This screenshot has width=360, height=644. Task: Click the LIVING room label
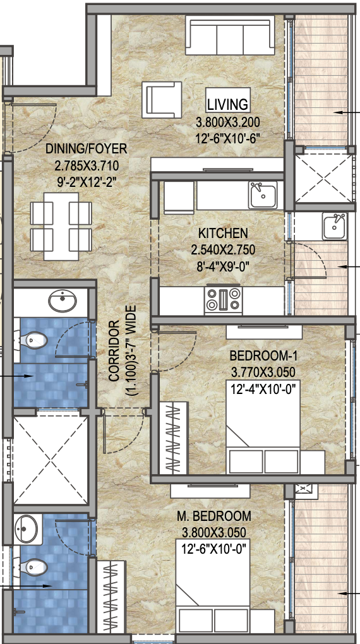click(228, 104)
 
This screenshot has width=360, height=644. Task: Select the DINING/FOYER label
click(86, 149)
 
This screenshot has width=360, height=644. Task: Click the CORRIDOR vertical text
click(114, 351)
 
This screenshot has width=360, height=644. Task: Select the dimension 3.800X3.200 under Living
click(227, 122)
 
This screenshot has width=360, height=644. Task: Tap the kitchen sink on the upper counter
click(262, 195)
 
